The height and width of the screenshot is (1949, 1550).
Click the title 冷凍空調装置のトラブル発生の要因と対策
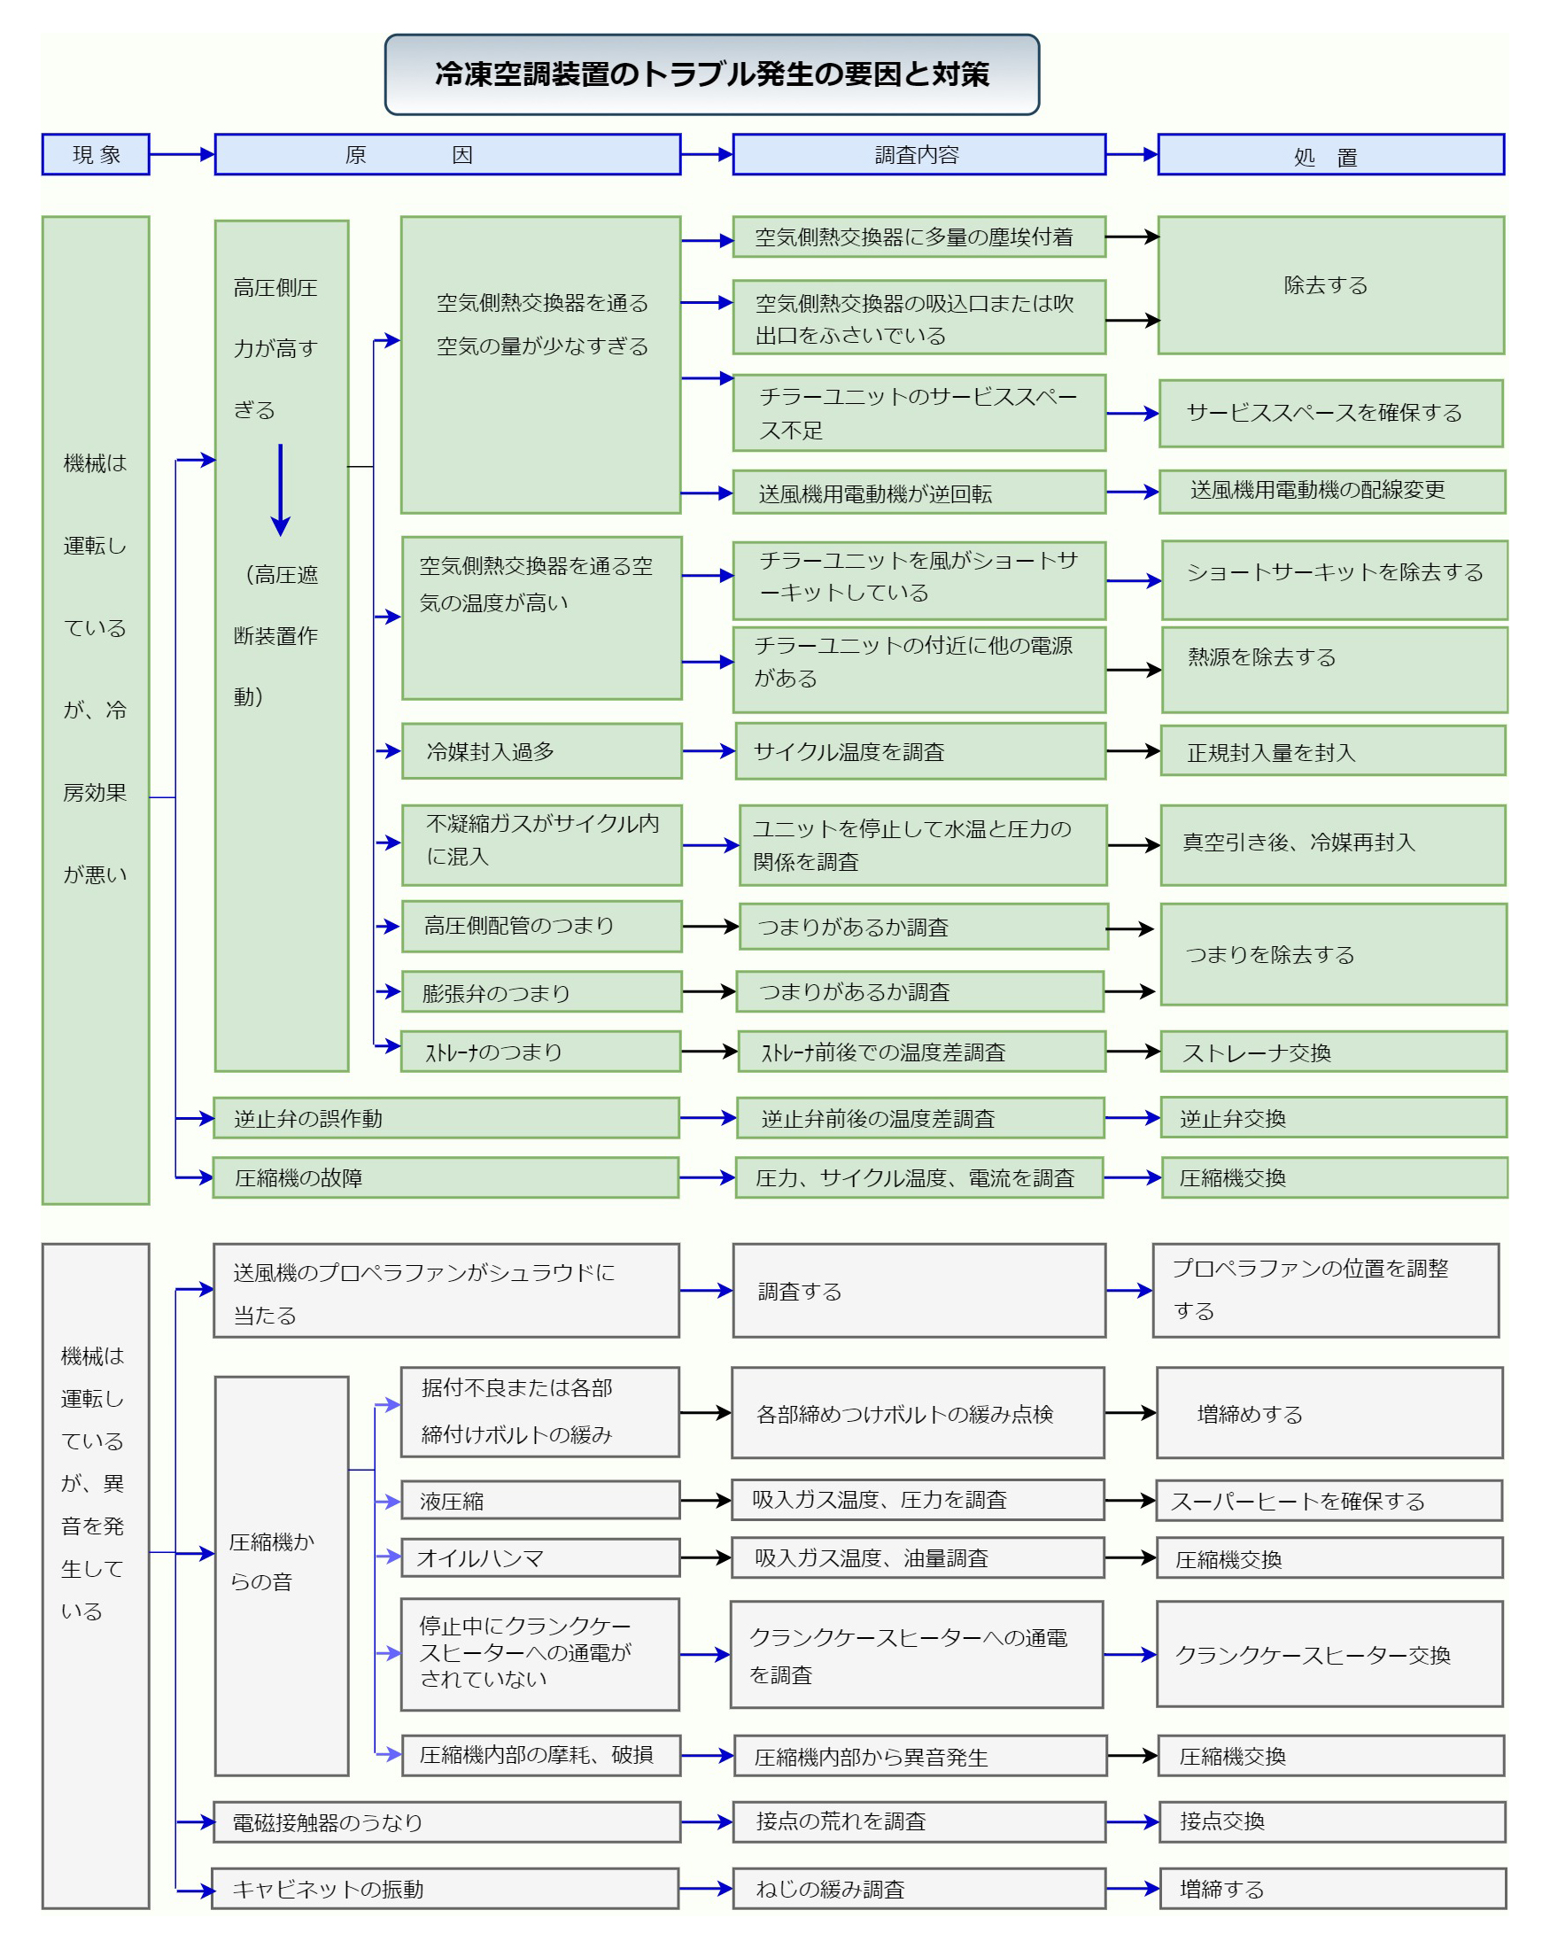click(x=711, y=74)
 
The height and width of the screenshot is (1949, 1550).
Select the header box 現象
click(x=96, y=154)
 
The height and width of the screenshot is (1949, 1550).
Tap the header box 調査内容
click(x=918, y=154)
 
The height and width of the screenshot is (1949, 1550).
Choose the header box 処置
click(x=1330, y=154)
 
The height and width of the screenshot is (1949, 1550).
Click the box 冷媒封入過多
click(x=540, y=750)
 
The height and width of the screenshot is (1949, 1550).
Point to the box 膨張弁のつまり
click(x=540, y=991)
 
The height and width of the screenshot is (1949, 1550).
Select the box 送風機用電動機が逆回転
click(x=918, y=492)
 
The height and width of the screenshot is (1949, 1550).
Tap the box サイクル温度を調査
click(x=920, y=750)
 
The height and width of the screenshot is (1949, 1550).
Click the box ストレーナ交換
click(x=1333, y=1052)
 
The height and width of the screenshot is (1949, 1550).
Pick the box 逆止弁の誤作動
click(x=446, y=1118)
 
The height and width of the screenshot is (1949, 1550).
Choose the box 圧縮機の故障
click(x=446, y=1177)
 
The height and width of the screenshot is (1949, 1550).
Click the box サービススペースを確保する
click(x=1330, y=413)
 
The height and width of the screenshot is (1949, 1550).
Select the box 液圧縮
click(x=539, y=1500)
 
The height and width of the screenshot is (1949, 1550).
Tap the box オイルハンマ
click(x=539, y=1557)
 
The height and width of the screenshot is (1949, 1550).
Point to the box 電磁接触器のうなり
click(x=446, y=1821)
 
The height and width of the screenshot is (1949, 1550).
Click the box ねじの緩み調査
click(x=918, y=1889)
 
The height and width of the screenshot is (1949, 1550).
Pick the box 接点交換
click(x=1331, y=1821)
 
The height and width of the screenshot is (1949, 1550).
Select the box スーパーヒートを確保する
click(x=1329, y=1501)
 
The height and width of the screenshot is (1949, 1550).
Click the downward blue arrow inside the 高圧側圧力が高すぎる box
click(x=280, y=490)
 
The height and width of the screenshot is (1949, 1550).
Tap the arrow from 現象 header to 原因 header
click(x=182, y=154)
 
